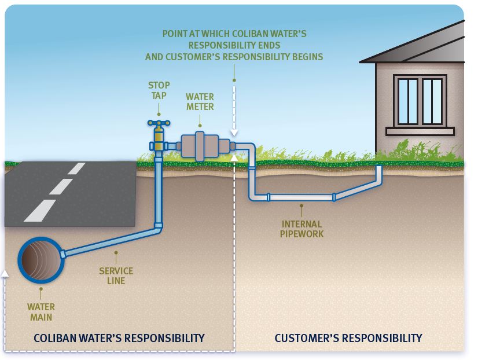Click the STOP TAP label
[x=158, y=90]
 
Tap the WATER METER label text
[x=200, y=101]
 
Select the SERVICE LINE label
[x=116, y=275]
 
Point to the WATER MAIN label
[x=41, y=312]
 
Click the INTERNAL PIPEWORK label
[x=302, y=229]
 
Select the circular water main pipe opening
[x=39, y=260]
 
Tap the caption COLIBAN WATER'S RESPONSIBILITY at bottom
[x=119, y=337]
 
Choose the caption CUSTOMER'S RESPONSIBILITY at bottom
[x=348, y=337]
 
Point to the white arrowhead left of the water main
[x=5, y=271]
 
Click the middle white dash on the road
[x=61, y=186]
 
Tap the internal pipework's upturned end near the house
[x=379, y=172]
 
